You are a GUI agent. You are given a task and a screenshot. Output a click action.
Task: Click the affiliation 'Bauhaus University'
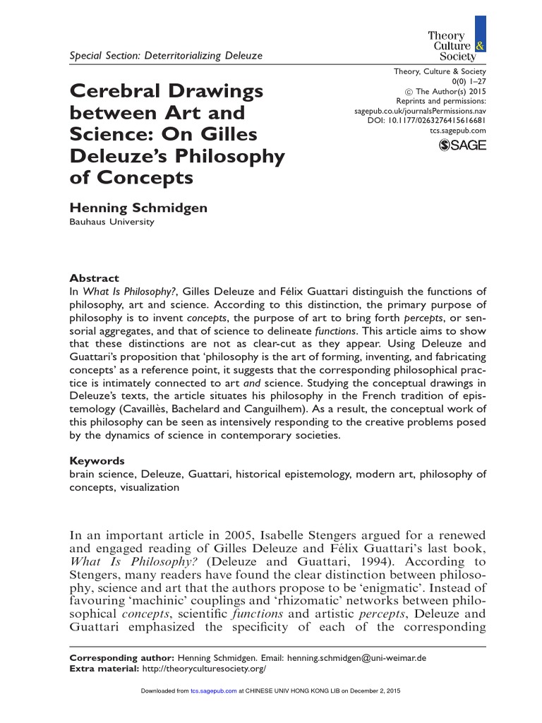[111, 222]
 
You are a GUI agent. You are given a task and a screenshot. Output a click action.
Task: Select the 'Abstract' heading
[94, 278]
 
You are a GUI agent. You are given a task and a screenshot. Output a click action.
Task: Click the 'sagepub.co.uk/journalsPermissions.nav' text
[419, 111]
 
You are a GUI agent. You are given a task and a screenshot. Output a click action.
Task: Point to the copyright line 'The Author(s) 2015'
[445, 91]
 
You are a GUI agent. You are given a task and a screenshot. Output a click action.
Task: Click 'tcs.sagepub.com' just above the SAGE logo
[457, 131]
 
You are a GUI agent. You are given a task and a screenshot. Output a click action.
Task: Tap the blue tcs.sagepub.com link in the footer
[214, 691]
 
